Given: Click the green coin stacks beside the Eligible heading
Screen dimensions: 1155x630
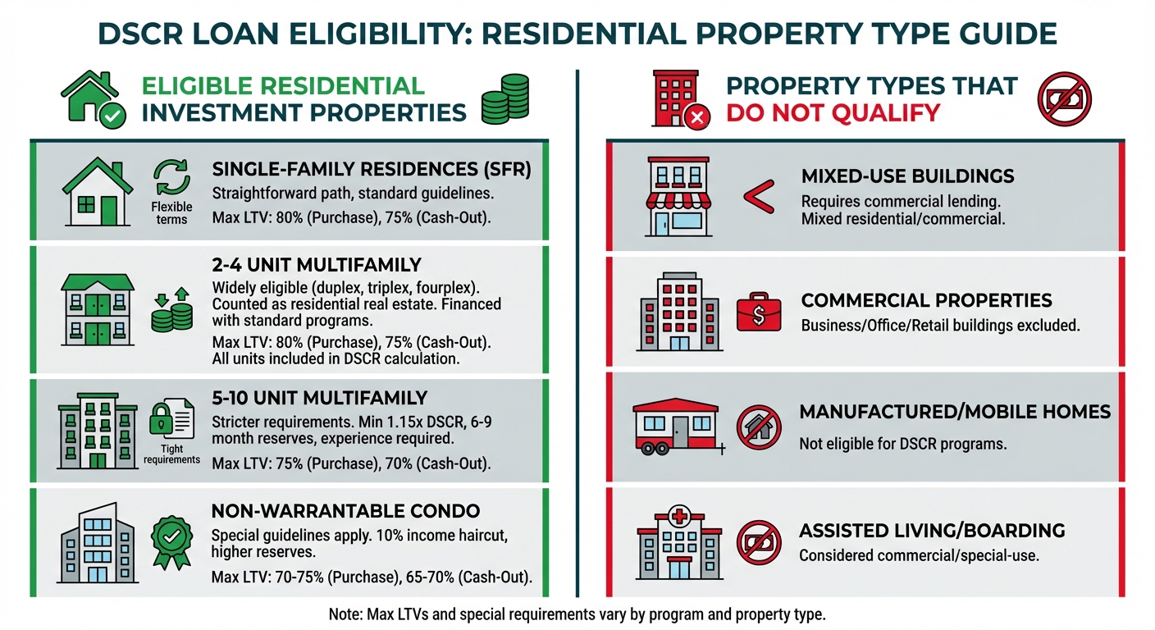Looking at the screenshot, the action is click(505, 99).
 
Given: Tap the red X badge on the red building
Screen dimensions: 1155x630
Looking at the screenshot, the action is click(697, 117).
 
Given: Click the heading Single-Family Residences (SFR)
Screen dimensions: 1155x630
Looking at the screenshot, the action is click(372, 169).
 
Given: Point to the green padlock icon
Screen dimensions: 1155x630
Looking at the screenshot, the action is click(162, 418).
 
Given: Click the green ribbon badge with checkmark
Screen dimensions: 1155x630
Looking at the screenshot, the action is click(171, 543).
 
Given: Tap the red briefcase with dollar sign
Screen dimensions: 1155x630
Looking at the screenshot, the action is click(759, 313).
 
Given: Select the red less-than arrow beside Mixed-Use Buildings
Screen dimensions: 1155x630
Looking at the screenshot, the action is click(759, 196).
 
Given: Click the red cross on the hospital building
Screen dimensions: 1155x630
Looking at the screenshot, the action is click(679, 515).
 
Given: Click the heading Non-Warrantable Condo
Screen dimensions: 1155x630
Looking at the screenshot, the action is click(345, 511).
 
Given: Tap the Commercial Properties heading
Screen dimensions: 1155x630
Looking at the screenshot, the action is click(927, 300).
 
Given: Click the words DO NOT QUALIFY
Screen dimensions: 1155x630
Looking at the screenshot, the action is click(833, 113).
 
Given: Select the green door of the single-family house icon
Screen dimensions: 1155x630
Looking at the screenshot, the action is click(109, 210).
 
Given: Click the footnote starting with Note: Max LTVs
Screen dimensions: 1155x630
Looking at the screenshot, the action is click(577, 614).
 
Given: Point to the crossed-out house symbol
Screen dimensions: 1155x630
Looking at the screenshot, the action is click(759, 427).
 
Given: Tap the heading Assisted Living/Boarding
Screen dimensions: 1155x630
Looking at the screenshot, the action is click(932, 531).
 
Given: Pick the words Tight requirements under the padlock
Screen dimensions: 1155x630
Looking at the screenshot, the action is click(171, 454).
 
